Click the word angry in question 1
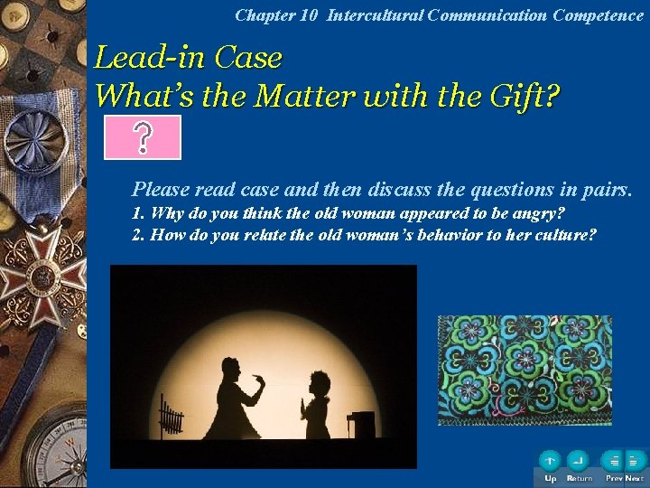coord(540,214)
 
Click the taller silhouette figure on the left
coord(237,399)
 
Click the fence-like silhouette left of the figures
coord(171,418)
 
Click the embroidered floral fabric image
coord(525,370)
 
